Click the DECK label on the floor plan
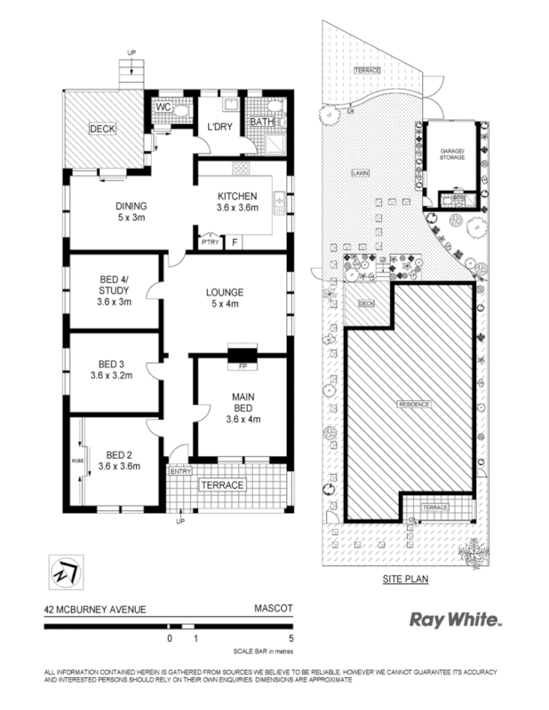click(x=103, y=129)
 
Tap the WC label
click(x=163, y=107)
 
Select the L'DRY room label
click(x=219, y=127)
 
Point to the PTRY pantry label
click(x=210, y=242)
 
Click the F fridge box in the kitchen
click(x=235, y=241)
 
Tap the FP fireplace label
click(x=242, y=366)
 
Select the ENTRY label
click(x=180, y=471)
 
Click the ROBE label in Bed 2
click(x=76, y=461)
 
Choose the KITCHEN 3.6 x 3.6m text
click(x=237, y=202)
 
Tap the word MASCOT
click(x=269, y=610)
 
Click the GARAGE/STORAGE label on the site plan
click(x=453, y=155)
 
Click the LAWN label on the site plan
click(x=359, y=173)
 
